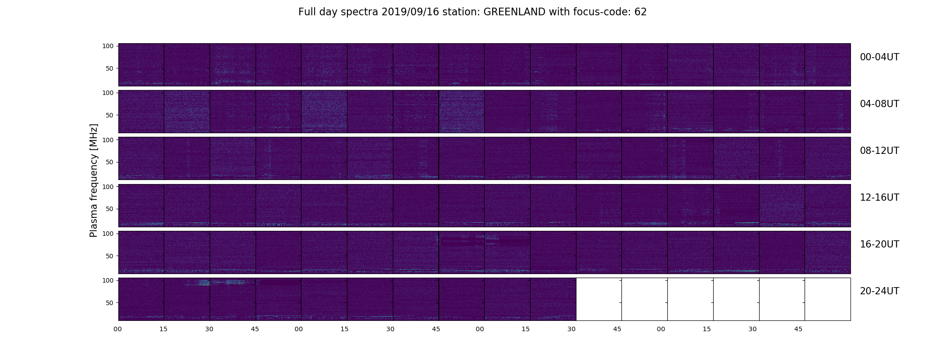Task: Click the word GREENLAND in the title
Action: [514, 12]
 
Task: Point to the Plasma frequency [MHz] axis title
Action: [94, 180]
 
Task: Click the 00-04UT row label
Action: [879, 57]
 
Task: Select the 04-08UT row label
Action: [879, 104]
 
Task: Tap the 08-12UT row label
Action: [879, 151]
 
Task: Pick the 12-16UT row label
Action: [879, 198]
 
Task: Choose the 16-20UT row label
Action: [879, 244]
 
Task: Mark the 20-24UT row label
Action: [879, 291]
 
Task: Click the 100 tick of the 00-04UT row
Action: [108, 46]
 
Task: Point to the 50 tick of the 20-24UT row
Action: [110, 303]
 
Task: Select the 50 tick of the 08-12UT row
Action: [110, 162]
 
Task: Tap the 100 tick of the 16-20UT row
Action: [108, 234]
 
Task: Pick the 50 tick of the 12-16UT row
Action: [110, 209]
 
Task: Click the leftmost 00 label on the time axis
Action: [118, 329]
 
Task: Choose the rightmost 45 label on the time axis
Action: [798, 329]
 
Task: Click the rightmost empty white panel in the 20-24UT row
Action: [828, 299]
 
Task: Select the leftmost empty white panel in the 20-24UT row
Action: [599, 299]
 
